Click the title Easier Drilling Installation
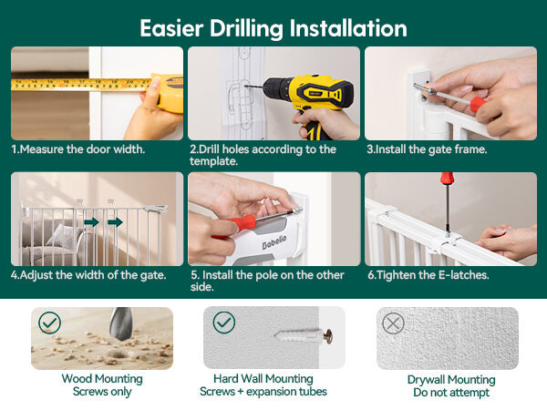(273, 28)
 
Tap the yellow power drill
(307, 101)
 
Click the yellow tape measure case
(168, 93)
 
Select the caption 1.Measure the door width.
(77, 149)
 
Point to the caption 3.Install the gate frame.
(427, 149)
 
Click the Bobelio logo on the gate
(274, 241)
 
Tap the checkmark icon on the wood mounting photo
(49, 323)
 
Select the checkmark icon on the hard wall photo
(223, 323)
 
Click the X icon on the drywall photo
(393, 323)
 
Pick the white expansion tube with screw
(304, 336)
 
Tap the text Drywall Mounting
(451, 379)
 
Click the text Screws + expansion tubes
(263, 392)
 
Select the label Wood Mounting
(102, 379)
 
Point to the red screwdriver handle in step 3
(479, 103)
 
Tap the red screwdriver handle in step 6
(447, 178)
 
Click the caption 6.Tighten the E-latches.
(428, 275)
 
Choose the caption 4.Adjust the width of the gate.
(88, 275)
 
